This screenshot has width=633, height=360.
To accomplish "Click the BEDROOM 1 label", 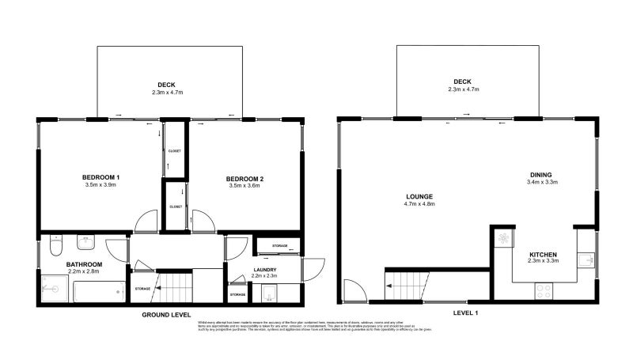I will (100, 176).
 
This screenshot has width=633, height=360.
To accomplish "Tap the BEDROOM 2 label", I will (245, 179).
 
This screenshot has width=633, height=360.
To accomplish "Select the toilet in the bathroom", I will (54, 246).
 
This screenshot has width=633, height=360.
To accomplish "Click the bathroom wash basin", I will (86, 242).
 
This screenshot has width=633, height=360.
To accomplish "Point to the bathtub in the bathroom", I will (98, 293).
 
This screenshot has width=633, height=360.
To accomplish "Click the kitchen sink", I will (586, 260).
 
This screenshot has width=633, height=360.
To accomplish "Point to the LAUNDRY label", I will (264, 270).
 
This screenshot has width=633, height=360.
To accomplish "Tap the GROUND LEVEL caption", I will (167, 313).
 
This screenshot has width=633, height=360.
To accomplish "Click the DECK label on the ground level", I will (166, 85).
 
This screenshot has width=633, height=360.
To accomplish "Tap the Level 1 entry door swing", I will (357, 292).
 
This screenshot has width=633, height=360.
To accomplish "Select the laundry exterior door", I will (313, 271).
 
